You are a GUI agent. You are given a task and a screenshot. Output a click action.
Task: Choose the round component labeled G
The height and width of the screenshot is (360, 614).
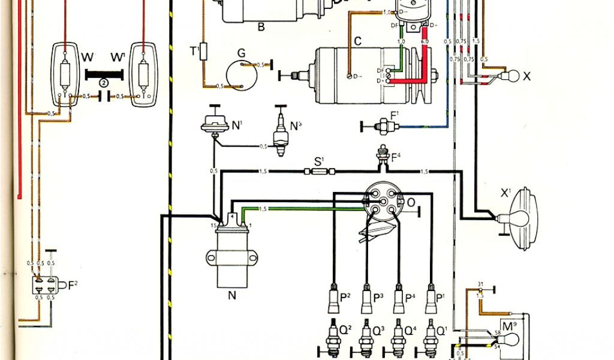[x=241, y=75]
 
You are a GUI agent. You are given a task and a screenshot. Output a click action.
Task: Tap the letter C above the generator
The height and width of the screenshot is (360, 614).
[x=357, y=41]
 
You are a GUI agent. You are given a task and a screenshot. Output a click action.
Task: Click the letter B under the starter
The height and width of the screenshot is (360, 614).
[x=261, y=26]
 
